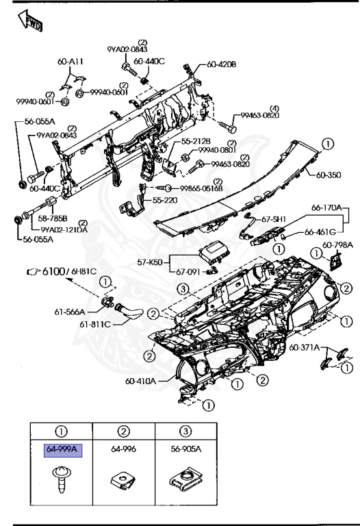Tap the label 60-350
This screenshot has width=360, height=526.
pyautogui.click(x=327, y=175)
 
